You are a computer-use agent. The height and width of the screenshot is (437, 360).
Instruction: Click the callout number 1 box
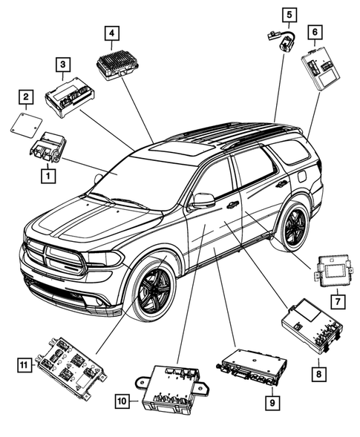(x=47, y=176)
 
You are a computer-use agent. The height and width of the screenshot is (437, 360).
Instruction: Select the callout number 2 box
(x=26, y=96)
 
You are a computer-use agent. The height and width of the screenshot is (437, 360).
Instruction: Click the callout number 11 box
(x=24, y=363)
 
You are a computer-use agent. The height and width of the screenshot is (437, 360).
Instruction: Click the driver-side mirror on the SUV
(x=203, y=200)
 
